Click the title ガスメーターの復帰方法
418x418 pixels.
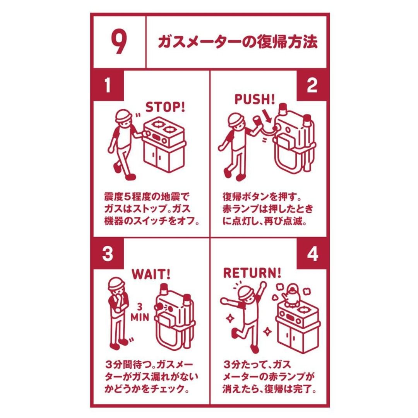(x=238, y=41)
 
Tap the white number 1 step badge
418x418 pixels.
(x=108, y=85)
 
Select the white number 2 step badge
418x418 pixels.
(x=312, y=85)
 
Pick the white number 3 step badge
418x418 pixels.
(x=108, y=253)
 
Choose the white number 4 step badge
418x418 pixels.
(x=312, y=253)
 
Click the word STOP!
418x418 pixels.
(x=165, y=107)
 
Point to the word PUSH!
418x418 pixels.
(x=254, y=99)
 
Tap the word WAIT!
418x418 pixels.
(x=151, y=274)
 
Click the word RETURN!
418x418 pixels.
(x=252, y=273)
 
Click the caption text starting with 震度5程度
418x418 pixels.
(x=151, y=209)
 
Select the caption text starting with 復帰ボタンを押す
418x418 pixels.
(x=267, y=209)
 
